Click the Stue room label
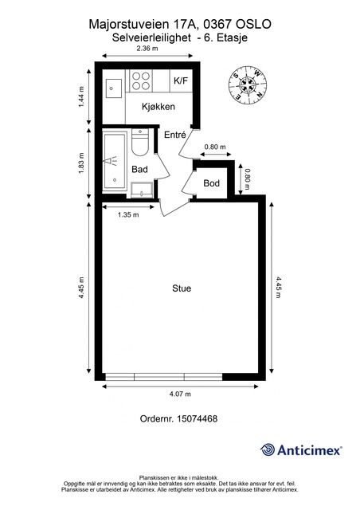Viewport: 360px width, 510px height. [x=182, y=288]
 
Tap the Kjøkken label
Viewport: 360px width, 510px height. [x=158, y=107]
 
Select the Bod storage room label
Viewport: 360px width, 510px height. [x=211, y=183]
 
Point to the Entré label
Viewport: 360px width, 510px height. [x=175, y=135]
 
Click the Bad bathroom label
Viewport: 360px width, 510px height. [x=139, y=169]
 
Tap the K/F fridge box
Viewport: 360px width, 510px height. [x=181, y=80]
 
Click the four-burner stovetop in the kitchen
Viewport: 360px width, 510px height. [x=141, y=80]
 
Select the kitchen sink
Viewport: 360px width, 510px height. [x=113, y=88]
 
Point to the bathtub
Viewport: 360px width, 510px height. [x=115, y=161]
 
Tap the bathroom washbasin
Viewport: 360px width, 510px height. [x=142, y=190]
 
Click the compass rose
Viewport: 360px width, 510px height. [x=248, y=85]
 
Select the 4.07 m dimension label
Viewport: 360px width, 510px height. [x=180, y=394]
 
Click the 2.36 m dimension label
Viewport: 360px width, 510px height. [x=147, y=49]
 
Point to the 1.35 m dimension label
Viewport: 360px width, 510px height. [x=128, y=214]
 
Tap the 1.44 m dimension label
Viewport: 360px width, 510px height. [x=81, y=96]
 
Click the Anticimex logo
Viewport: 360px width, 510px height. [x=301, y=450]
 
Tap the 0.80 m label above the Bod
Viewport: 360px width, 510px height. [x=214, y=147]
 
